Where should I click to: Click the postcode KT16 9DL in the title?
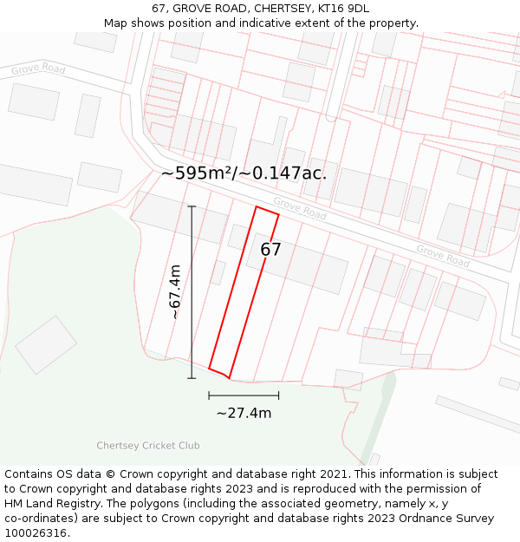(344, 9)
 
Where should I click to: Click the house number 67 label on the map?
(271, 250)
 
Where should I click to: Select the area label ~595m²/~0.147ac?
(244, 173)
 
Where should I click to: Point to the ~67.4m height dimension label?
(175, 292)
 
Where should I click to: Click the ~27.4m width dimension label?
(244, 413)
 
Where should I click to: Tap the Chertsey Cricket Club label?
(148, 446)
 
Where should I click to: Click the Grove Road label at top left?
(38, 69)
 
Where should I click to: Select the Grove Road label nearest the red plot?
(300, 208)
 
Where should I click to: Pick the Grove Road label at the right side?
(442, 256)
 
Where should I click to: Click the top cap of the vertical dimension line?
(192, 206)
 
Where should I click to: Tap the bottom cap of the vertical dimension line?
(192, 378)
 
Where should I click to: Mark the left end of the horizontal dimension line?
(209, 395)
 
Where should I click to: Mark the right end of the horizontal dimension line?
(279, 395)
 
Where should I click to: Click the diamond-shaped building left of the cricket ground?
(46, 344)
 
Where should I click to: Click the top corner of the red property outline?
(256, 206)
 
